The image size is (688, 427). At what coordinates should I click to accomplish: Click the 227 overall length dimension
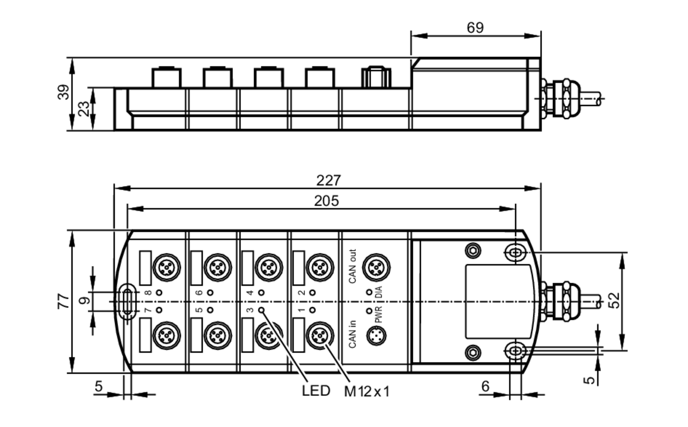click(x=328, y=180)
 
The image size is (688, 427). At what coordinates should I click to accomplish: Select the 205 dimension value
click(x=326, y=201)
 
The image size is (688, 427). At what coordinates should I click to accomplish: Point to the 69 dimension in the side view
click(x=475, y=28)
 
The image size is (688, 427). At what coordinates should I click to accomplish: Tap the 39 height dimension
click(x=63, y=92)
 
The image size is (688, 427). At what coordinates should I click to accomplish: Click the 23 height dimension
click(x=84, y=109)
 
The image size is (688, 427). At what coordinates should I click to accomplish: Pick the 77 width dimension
click(x=63, y=301)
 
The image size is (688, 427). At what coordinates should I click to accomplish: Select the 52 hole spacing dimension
click(x=615, y=300)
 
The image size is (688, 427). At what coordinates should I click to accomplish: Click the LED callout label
click(x=316, y=391)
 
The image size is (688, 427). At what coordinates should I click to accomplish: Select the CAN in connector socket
click(x=377, y=336)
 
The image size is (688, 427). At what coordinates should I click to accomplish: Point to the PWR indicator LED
click(x=369, y=311)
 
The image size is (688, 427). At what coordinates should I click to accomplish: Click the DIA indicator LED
click(x=369, y=292)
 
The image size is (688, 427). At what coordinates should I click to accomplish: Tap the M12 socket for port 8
click(x=166, y=267)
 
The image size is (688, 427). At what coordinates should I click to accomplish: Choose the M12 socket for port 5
click(x=218, y=335)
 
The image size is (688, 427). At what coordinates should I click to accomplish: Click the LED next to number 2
click(x=312, y=292)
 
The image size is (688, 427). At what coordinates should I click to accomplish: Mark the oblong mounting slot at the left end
click(x=128, y=302)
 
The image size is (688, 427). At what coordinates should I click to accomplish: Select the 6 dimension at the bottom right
click(x=485, y=386)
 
